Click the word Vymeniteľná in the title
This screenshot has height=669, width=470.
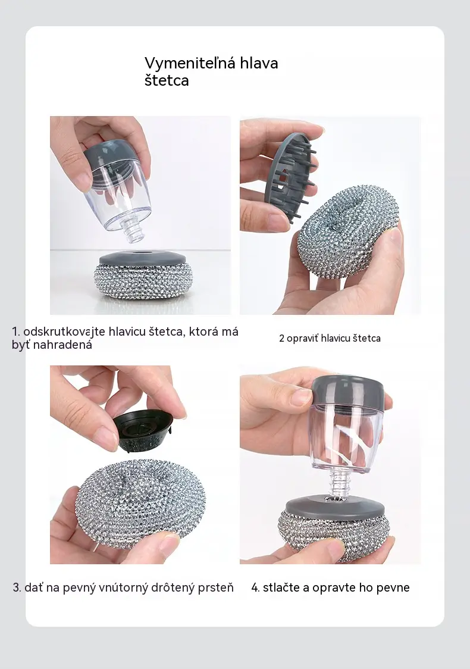[x=190, y=62]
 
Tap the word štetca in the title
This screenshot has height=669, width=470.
[x=167, y=80]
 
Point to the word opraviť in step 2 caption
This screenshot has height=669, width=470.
[x=302, y=338]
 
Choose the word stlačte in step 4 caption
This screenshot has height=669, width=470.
[x=281, y=587]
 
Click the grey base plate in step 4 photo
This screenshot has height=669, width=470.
[x=336, y=506]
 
